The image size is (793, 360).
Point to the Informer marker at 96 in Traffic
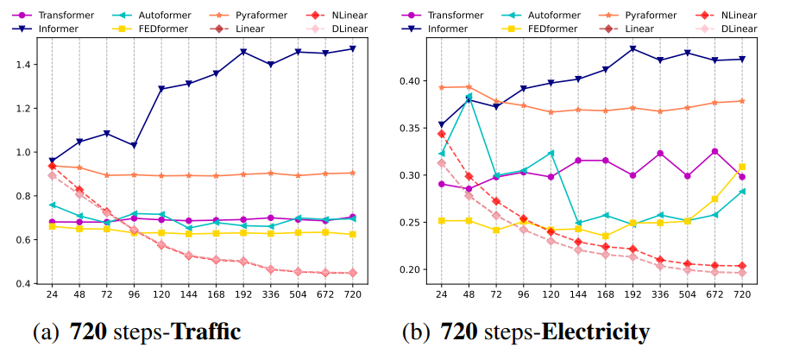[x=134, y=145]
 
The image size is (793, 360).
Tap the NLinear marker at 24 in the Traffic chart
[x=52, y=166]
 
